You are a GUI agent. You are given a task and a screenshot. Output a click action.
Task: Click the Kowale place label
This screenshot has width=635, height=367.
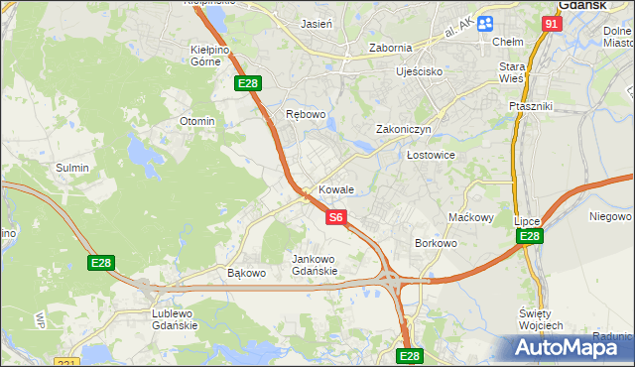[x=336, y=189]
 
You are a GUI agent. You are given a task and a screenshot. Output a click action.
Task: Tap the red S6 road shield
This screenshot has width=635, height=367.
[x=336, y=216]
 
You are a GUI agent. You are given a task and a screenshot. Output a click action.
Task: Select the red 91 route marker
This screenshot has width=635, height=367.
[x=552, y=23]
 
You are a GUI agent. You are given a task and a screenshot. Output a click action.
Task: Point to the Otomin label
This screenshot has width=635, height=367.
[x=196, y=121]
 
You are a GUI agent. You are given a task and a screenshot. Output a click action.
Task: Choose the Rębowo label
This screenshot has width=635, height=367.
[x=306, y=114]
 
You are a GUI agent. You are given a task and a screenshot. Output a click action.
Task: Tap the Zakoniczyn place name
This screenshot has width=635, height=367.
[x=402, y=129]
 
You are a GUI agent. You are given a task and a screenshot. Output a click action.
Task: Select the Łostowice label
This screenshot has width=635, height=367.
[x=431, y=156]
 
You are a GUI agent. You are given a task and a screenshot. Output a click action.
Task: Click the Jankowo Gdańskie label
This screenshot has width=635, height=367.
[x=315, y=265]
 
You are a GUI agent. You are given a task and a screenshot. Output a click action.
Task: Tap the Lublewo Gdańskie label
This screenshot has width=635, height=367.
[x=174, y=319]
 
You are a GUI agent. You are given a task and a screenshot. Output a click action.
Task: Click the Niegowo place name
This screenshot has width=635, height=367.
[x=610, y=215]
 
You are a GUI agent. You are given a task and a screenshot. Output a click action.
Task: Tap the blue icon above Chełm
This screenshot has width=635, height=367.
[x=485, y=24]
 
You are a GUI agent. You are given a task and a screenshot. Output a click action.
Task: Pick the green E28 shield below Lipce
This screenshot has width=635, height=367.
[x=529, y=236]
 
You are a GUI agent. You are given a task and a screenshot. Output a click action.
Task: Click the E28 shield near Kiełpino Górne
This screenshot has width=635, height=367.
[x=247, y=85]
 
